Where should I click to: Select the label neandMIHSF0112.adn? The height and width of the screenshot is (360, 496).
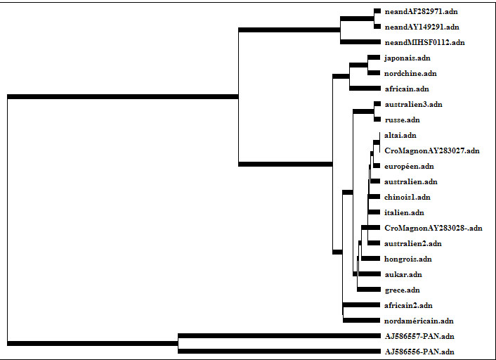(x=424, y=43)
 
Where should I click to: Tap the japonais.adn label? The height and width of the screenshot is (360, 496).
(x=407, y=58)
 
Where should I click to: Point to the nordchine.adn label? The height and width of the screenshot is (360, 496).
(x=410, y=74)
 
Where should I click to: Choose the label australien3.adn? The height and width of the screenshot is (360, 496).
(x=414, y=105)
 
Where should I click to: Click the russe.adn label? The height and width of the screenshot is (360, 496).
(x=403, y=120)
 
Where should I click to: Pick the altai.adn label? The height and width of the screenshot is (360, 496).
(x=400, y=136)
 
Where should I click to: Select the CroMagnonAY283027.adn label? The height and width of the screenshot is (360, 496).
(x=432, y=151)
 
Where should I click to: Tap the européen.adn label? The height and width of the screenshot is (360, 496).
(x=409, y=167)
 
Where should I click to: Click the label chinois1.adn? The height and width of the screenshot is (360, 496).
(x=407, y=198)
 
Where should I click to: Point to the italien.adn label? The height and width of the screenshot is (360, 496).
(x=404, y=213)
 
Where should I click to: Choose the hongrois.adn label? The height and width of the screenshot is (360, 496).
(x=408, y=259)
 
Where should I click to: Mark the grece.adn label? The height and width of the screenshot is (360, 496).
(x=402, y=290)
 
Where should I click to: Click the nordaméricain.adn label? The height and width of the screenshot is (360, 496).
(x=419, y=321)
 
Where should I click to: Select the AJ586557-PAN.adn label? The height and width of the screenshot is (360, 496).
(x=419, y=337)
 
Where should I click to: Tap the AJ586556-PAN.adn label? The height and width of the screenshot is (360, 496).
(x=419, y=352)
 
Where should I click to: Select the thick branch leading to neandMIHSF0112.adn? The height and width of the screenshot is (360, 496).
(x=360, y=42)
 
